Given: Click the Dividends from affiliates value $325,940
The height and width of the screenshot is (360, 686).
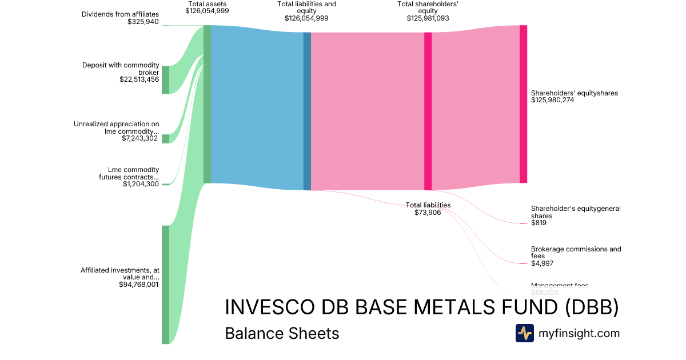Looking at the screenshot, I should coord(143,22).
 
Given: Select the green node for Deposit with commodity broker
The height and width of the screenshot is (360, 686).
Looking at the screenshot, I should coord(165,79).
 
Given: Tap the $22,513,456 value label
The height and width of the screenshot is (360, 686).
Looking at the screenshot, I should coord(136,79).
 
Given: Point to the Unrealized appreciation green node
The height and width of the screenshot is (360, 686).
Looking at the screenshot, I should coord(165,139).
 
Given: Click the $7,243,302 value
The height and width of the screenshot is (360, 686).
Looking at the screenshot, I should coord(140,138).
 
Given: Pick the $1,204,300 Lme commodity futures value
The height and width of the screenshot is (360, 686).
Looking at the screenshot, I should coord(141,184).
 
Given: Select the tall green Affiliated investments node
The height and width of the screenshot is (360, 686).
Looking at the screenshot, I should coord(165,285).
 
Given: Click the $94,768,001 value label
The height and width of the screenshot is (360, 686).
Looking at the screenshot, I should coord(138,284).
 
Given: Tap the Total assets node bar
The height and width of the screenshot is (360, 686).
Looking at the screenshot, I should coord(207,104).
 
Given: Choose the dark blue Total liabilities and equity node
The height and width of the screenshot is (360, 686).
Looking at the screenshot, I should coord(307,111).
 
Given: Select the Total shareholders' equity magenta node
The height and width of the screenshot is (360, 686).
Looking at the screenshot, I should coord(428,111).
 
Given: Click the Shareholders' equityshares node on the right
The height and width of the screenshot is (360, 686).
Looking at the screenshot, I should coord(523,104).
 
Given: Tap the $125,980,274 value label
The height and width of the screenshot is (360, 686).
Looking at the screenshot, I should coord(552,100).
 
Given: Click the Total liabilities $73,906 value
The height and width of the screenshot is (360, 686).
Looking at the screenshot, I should coord(428,213).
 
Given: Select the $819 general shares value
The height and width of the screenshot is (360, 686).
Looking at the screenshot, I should coord(539,223).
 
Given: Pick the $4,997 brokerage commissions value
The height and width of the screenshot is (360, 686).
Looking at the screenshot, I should coord(542,263).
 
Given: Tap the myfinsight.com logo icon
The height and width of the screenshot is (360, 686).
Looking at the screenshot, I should coord(524,333).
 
